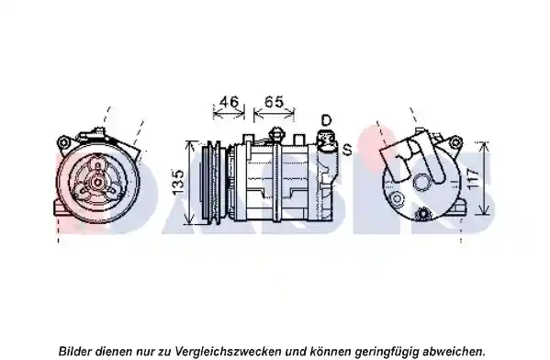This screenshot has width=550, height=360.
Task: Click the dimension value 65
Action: [274, 102]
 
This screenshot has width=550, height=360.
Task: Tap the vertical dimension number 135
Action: [178, 183]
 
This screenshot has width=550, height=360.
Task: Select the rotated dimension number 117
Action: [473, 179]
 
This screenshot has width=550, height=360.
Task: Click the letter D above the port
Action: [326, 120]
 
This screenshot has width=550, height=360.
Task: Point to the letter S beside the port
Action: [347, 150]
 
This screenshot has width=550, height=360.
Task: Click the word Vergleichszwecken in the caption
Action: [228, 351]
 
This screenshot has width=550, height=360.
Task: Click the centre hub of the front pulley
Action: [96, 182]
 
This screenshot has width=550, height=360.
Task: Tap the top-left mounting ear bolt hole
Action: [63, 143]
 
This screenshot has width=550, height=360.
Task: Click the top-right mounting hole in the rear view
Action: [455, 142]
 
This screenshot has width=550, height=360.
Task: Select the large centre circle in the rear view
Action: [421, 183]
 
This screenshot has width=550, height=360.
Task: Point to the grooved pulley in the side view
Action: [211, 182]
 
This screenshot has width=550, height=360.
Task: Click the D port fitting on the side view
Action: [326, 141]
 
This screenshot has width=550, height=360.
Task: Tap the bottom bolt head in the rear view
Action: [422, 213]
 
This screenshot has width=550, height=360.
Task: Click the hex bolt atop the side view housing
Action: [275, 134]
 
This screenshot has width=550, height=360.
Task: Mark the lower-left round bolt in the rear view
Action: [398, 199]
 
